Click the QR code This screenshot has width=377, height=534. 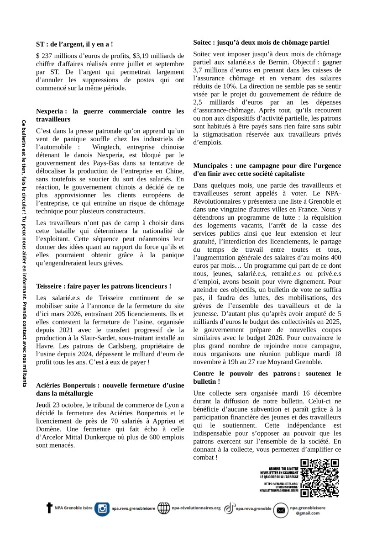320,478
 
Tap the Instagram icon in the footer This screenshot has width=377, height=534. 102,508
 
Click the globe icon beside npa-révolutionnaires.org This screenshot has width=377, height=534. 163,508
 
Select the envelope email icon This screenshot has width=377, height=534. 281,510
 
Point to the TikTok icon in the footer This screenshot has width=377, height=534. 229,508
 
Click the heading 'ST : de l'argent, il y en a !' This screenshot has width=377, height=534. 74,44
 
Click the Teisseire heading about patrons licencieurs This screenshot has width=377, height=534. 104,286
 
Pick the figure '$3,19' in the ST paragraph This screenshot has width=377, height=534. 141,56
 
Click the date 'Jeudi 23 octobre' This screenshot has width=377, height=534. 58,405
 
